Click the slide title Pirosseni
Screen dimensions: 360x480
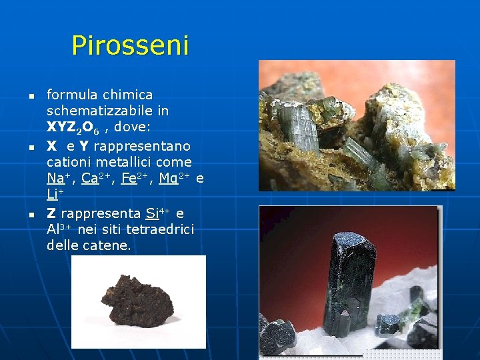(130, 45)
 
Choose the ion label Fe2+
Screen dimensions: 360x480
(136, 178)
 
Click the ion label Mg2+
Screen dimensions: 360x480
(177, 178)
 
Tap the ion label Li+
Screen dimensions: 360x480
(53, 195)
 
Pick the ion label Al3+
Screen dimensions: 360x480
(59, 230)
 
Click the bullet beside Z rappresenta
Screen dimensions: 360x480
(31, 215)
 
